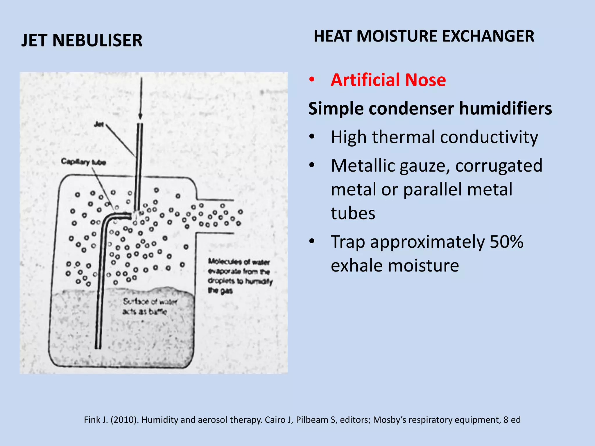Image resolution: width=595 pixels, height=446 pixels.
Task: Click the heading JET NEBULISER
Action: [x=82, y=40]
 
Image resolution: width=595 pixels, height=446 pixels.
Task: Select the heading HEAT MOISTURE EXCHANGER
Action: [x=424, y=36]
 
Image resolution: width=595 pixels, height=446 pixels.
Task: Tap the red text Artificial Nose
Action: [x=388, y=80]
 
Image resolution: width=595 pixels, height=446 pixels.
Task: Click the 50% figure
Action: [x=506, y=242]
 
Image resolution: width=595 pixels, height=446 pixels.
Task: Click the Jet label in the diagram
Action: [x=99, y=124]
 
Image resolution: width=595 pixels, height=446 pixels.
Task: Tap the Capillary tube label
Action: [x=83, y=162]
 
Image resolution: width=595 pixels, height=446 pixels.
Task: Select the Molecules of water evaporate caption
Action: [x=240, y=276]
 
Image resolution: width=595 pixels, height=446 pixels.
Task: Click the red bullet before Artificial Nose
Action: [x=312, y=80]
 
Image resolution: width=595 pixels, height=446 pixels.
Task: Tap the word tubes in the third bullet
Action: [x=353, y=213]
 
